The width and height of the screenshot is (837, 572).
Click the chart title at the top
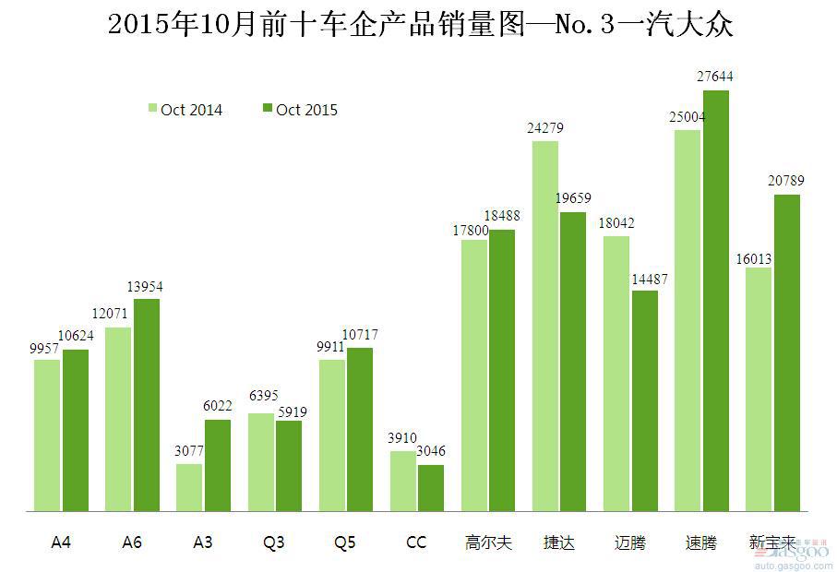click(x=420, y=25)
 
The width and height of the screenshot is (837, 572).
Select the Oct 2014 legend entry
click(x=185, y=110)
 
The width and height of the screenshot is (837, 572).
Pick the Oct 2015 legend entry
click(x=300, y=110)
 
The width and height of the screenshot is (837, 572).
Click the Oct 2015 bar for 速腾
click(x=716, y=300)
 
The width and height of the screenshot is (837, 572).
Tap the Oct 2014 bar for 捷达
click(x=545, y=326)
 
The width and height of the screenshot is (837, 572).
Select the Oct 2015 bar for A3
click(x=218, y=465)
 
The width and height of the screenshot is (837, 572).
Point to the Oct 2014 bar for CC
click(x=403, y=481)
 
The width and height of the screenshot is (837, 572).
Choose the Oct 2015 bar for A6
click(x=147, y=404)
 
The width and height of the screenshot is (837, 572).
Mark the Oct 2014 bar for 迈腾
click(x=616, y=374)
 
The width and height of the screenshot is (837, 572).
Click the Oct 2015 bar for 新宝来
click(x=787, y=352)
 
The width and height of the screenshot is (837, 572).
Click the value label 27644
click(x=716, y=77)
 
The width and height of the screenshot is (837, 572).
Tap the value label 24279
click(x=544, y=128)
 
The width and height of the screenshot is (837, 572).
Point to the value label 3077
click(x=189, y=451)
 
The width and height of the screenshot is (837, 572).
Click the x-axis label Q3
click(x=273, y=542)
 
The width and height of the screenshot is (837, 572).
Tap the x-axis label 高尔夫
click(x=487, y=542)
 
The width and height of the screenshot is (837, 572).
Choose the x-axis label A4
click(x=61, y=542)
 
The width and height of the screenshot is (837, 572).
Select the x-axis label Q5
click(x=345, y=542)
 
